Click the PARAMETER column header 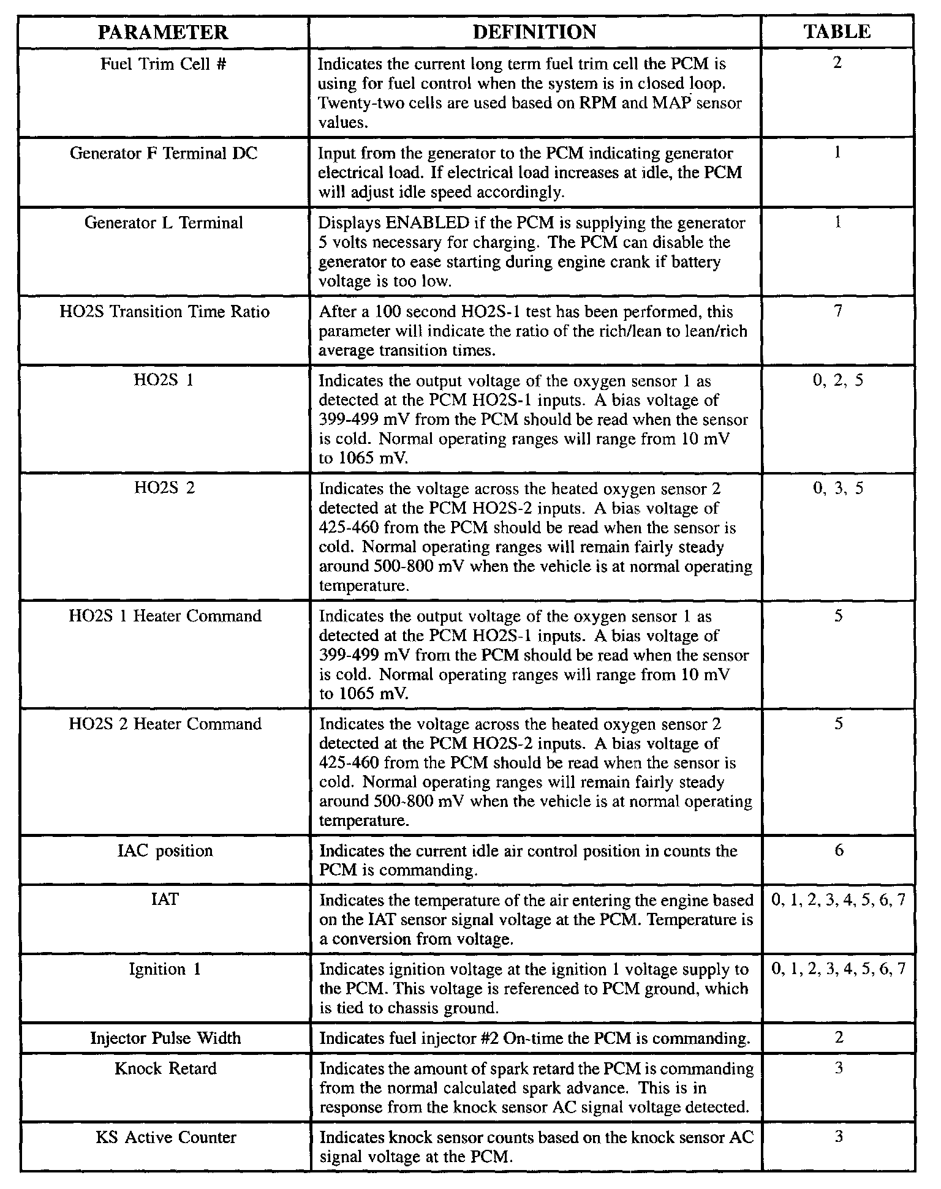163,32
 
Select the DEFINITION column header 534,32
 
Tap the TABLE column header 837,32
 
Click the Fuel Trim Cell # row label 164,64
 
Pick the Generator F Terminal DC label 164,153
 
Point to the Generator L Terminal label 164,223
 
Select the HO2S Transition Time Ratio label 164,312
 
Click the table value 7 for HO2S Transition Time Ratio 838,312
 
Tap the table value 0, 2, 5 837,381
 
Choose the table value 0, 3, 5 837,489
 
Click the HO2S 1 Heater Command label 165,616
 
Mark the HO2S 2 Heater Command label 165,724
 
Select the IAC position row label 165,851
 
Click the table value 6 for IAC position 839,850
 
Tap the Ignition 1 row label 165,969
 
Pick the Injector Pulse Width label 165,1038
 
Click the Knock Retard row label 165,1069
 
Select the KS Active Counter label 165,1138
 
